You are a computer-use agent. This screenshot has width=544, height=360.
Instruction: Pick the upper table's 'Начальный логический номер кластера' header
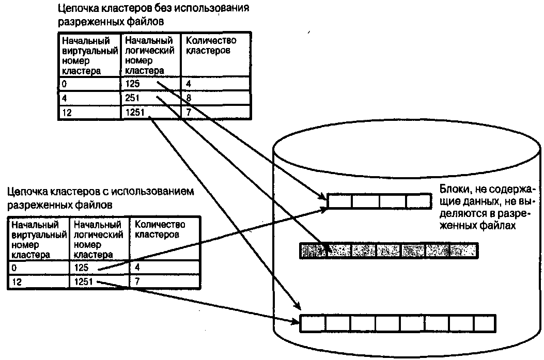(150, 55)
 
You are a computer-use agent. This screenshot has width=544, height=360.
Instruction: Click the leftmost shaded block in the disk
(313, 251)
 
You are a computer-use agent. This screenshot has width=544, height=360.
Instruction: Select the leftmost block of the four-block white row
(340, 200)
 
